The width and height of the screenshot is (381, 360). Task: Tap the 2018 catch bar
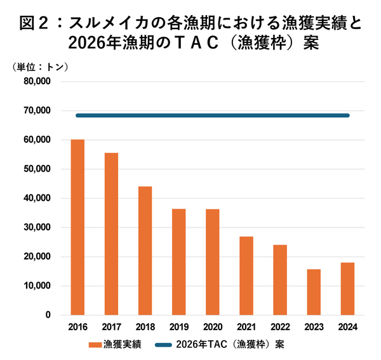coord(145,250)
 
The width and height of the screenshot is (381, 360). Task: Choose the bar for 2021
coord(246,276)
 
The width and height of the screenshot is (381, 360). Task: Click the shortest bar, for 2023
coord(314,292)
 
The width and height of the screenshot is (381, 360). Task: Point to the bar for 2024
coord(347,288)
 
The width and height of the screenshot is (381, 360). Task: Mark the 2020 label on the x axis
coord(212,327)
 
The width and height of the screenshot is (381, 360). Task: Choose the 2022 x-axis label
coord(280,327)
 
